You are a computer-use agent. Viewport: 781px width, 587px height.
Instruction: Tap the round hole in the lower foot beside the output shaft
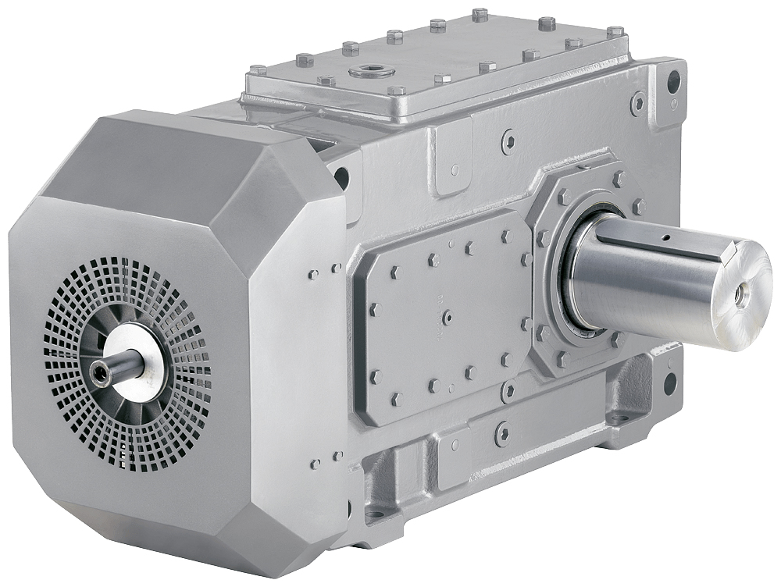click(x=669, y=382)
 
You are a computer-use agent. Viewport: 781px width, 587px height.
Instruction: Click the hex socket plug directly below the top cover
click(x=508, y=141)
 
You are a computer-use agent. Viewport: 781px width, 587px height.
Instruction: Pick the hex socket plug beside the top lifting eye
click(x=638, y=102)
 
